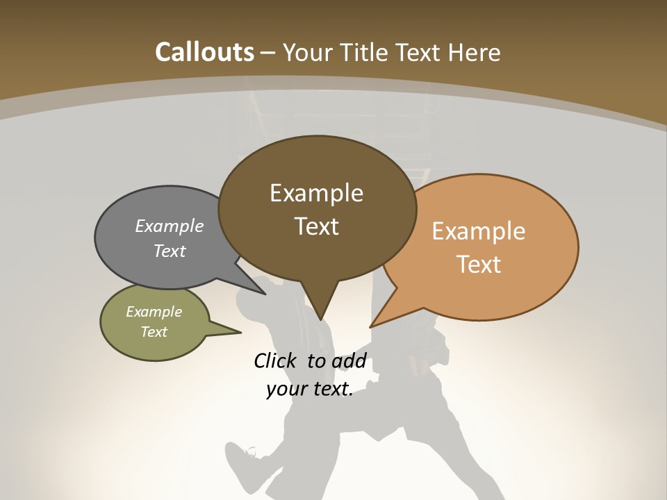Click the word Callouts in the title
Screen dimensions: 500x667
204,52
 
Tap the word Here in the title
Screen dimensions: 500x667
475,52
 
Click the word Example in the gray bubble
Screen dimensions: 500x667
170,226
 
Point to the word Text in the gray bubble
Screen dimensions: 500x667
170,251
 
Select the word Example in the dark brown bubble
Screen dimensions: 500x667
316,193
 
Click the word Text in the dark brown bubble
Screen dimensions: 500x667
316,226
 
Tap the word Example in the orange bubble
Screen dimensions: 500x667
479,231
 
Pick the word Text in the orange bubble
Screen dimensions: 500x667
479,265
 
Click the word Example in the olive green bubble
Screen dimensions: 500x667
154,312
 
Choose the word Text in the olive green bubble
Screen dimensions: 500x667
154,332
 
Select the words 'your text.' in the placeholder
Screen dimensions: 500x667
310,390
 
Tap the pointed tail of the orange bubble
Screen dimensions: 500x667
372,325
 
